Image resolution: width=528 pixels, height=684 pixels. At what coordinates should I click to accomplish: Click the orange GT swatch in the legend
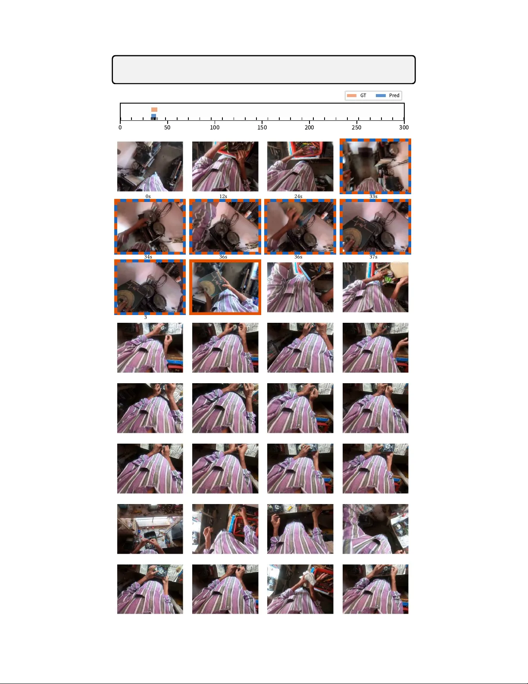pyautogui.click(x=352, y=95)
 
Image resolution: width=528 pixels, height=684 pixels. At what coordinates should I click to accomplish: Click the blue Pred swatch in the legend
pyautogui.click(x=381, y=95)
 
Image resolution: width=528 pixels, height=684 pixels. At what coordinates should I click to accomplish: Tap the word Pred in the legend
pyautogui.click(x=394, y=95)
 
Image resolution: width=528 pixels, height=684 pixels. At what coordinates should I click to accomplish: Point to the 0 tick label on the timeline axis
pyautogui.click(x=120, y=127)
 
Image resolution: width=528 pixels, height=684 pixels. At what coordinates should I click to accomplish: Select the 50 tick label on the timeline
pyautogui.click(x=167, y=127)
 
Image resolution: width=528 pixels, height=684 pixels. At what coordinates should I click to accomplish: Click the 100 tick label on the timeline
pyautogui.click(x=215, y=127)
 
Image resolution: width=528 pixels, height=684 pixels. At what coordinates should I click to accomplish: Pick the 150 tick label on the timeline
pyautogui.click(x=262, y=127)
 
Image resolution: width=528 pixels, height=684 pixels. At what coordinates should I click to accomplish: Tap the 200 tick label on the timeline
pyautogui.click(x=309, y=127)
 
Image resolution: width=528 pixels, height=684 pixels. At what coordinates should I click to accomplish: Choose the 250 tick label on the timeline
pyautogui.click(x=356, y=127)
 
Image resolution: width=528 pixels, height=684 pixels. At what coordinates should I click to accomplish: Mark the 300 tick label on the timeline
pyautogui.click(x=404, y=127)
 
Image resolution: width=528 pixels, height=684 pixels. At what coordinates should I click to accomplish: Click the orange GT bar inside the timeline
pyautogui.click(x=154, y=110)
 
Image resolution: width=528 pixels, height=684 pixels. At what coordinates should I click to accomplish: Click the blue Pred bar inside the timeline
pyautogui.click(x=153, y=115)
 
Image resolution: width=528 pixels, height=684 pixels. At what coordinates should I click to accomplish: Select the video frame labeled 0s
pyautogui.click(x=150, y=167)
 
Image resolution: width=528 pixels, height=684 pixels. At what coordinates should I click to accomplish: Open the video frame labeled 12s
pyautogui.click(x=225, y=167)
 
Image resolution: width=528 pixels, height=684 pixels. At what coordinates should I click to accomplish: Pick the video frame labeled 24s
pyautogui.click(x=300, y=167)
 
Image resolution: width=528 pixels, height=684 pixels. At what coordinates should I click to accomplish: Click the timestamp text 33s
pyautogui.click(x=373, y=196)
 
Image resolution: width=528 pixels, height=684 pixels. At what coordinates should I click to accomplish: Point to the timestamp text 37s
pyautogui.click(x=373, y=257)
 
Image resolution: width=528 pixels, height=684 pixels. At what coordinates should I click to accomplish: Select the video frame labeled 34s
pyautogui.click(x=150, y=227)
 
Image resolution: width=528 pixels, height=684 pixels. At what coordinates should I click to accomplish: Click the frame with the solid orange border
pyautogui.click(x=225, y=287)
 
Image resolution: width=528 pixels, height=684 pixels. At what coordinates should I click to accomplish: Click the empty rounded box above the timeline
pyautogui.click(x=264, y=69)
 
